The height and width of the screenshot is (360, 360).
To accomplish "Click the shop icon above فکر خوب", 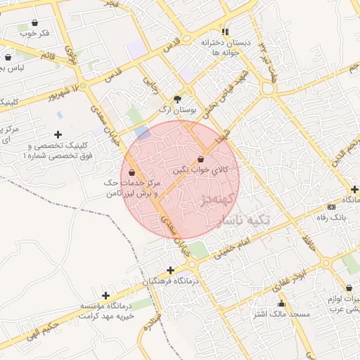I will (x=34, y=22).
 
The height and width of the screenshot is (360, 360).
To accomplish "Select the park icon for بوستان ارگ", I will (x=176, y=99).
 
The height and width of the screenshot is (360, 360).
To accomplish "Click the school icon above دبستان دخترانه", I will (x=225, y=32).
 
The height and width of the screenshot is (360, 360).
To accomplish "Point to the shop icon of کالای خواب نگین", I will (x=202, y=160).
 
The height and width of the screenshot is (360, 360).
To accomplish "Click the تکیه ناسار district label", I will (x=243, y=220).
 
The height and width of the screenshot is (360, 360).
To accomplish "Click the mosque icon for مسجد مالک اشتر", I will (x=281, y=304).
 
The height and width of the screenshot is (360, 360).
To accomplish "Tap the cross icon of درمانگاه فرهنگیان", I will (x=170, y=270).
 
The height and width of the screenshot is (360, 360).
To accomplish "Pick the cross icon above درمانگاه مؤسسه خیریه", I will (x=105, y=296).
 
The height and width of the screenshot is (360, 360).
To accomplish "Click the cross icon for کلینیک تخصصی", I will (x=58, y=134).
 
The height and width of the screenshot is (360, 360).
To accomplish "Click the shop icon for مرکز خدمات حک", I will (x=132, y=172).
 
